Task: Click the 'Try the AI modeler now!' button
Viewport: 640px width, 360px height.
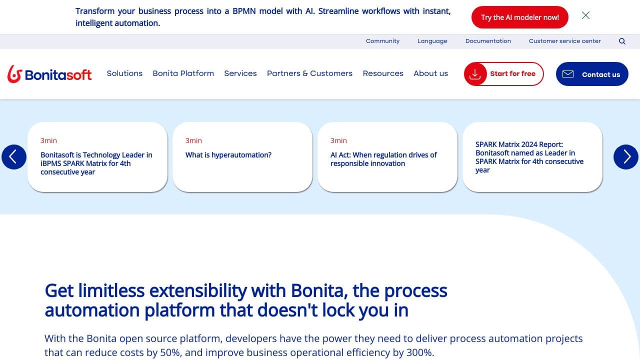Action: [519, 17]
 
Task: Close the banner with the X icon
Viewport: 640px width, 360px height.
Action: [585, 15]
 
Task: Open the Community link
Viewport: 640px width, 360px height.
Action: [382, 41]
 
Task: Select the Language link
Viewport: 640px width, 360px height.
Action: [432, 41]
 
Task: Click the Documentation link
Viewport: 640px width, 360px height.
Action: [488, 41]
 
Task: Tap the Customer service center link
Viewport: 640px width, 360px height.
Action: [564, 41]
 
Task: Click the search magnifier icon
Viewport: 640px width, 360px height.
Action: [622, 41]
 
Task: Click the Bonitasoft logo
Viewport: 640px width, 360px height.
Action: [49, 74]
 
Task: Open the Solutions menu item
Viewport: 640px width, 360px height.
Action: [124, 73]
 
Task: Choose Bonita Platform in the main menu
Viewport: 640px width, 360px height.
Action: [183, 73]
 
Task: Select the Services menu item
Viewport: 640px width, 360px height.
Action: [240, 73]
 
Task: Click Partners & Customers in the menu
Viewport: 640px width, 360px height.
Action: [309, 73]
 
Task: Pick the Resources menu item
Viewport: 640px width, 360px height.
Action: [383, 73]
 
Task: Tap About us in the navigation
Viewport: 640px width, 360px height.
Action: [430, 73]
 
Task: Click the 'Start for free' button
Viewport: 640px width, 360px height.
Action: [503, 74]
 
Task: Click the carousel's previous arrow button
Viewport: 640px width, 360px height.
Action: [13, 157]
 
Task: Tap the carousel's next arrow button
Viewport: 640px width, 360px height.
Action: [625, 157]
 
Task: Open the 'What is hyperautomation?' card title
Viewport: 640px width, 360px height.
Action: [228, 155]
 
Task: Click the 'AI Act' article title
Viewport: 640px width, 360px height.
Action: [383, 159]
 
